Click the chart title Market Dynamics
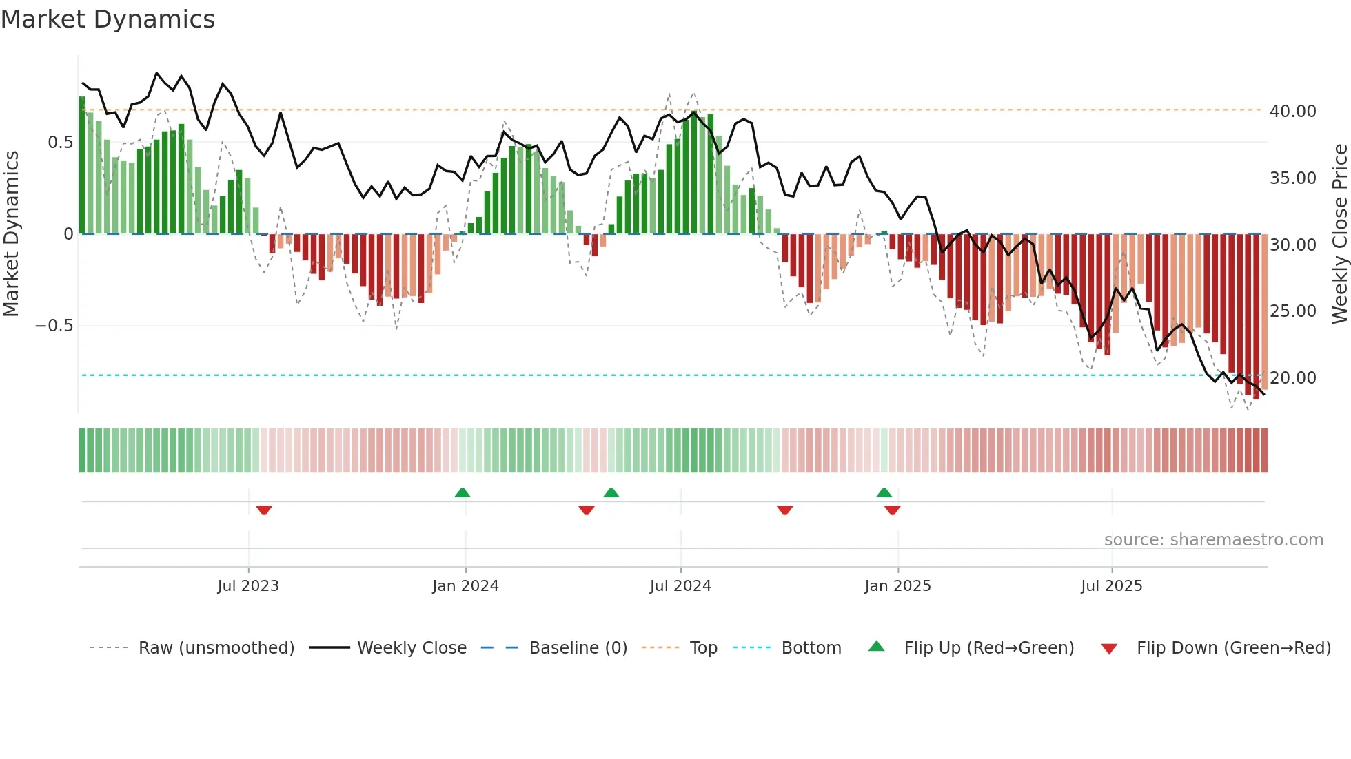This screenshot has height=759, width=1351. click(x=108, y=19)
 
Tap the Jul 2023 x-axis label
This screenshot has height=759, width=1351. click(x=248, y=586)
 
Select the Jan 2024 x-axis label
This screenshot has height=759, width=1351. click(x=465, y=586)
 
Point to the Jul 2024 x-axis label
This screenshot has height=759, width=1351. click(x=680, y=586)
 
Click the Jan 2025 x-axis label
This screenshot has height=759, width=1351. click(x=897, y=586)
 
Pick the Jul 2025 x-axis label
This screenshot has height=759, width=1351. click(x=1111, y=586)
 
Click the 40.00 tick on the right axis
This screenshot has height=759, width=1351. click(x=1292, y=112)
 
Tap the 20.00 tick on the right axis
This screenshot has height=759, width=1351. click(x=1292, y=378)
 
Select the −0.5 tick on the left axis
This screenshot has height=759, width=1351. click(x=54, y=326)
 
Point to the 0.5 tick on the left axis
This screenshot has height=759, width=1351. click(x=60, y=143)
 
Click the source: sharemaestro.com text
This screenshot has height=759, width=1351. click(x=1213, y=540)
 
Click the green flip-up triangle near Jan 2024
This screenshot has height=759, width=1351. click(x=463, y=492)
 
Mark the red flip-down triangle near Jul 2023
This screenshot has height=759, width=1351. click(x=264, y=510)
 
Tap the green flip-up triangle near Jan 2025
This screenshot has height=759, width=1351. click(x=884, y=492)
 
